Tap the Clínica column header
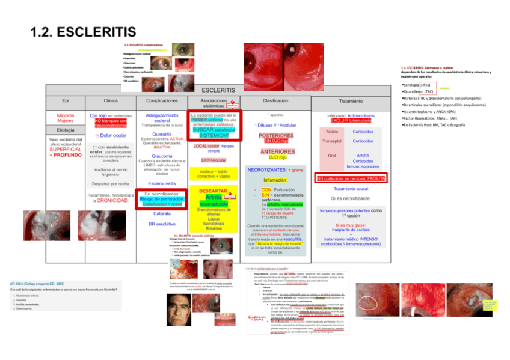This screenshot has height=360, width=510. pos(111,100)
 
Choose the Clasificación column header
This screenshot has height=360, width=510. pos(275,100)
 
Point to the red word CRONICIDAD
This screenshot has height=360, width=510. pos(112,200)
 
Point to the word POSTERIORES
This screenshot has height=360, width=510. pos(276,135)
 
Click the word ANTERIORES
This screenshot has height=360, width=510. pos(276,151)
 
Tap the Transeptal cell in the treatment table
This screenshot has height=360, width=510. pos(332,141)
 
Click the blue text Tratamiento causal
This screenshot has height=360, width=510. pos(350,189)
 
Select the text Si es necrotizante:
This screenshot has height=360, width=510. pos(350,198)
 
